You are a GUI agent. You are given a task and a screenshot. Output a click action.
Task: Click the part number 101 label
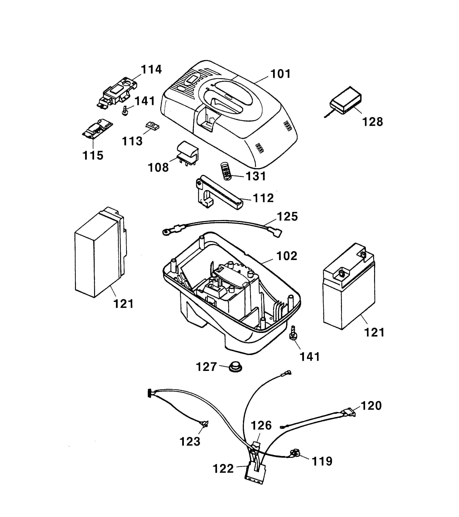tap(281, 74)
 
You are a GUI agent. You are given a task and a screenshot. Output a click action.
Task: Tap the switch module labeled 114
tap(117, 93)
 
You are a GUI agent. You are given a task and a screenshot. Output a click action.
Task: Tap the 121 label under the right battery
tap(374, 332)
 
